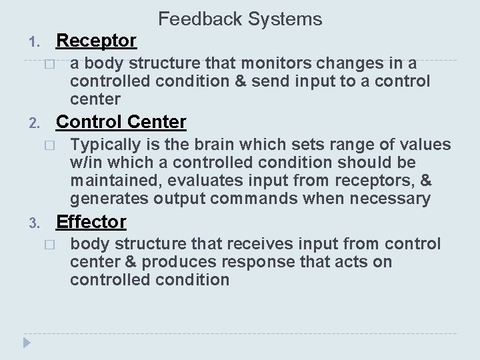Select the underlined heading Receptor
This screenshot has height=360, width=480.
click(97, 41)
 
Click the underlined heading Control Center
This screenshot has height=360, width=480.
click(121, 122)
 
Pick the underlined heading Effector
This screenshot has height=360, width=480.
click(91, 221)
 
